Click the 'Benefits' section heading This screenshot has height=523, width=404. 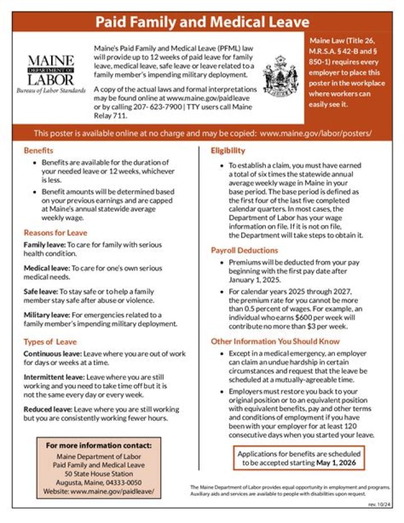(39, 151)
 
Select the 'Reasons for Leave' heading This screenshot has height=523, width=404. (56, 233)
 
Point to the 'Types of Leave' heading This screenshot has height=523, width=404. (50, 342)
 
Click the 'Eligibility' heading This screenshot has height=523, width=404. (228, 151)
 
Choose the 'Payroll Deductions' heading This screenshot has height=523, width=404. (244, 250)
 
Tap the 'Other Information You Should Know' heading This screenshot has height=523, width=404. (275, 341)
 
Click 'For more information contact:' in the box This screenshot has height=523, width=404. (99, 445)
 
